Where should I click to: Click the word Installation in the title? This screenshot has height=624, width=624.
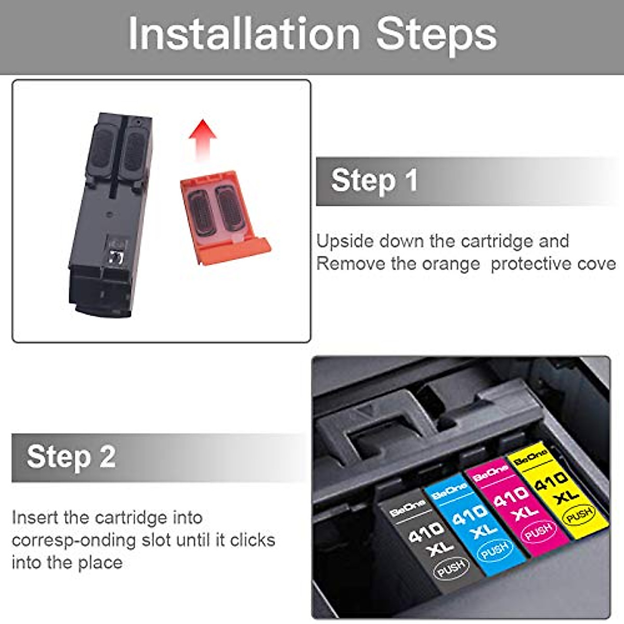pyautogui.click(x=244, y=34)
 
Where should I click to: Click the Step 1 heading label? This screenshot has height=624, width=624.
pyautogui.click(x=374, y=180)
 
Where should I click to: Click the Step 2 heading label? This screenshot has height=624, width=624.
pyautogui.click(x=71, y=457)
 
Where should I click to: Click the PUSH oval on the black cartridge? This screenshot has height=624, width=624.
pyautogui.click(x=451, y=569)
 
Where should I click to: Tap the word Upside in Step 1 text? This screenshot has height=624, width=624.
pyautogui.click(x=344, y=241)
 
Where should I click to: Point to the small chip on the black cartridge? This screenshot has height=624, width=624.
pyautogui.click(x=116, y=256)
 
